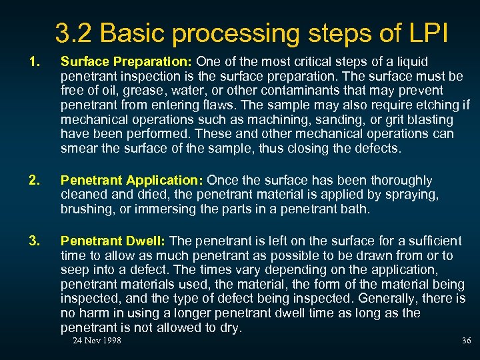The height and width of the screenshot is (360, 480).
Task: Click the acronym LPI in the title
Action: point(428,33)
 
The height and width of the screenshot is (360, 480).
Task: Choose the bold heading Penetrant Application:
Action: point(132,181)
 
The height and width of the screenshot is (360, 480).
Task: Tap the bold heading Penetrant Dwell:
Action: point(114,241)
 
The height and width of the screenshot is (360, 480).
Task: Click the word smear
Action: point(78,149)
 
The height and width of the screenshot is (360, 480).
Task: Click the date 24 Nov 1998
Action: point(97,341)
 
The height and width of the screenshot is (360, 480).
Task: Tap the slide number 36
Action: point(466,341)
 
